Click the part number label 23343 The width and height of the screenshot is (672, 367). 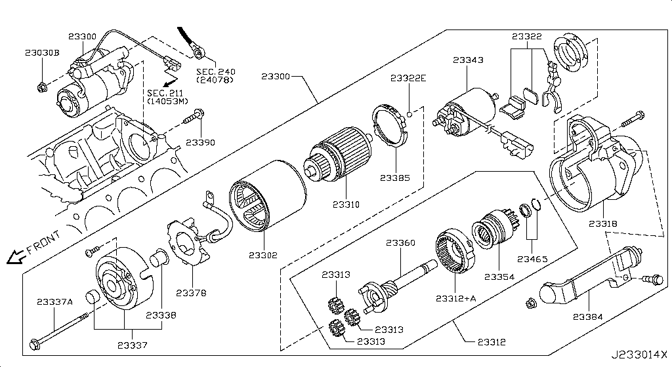pyautogui.click(x=468, y=60)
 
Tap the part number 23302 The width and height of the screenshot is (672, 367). pyautogui.click(x=263, y=255)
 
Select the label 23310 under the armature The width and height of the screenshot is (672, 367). pyautogui.click(x=345, y=204)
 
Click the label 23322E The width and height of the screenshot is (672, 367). pyautogui.click(x=408, y=78)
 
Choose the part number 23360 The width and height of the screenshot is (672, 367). pyautogui.click(x=400, y=243)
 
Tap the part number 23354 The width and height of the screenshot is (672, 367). pyautogui.click(x=500, y=277)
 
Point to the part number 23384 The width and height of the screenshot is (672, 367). pyautogui.click(x=588, y=317)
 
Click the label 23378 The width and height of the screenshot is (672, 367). pyautogui.click(x=191, y=292)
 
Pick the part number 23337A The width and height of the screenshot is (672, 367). pyautogui.click(x=55, y=301)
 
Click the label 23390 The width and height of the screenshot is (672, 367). pyautogui.click(x=200, y=142)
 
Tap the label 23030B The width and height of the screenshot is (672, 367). pyautogui.click(x=43, y=53)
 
